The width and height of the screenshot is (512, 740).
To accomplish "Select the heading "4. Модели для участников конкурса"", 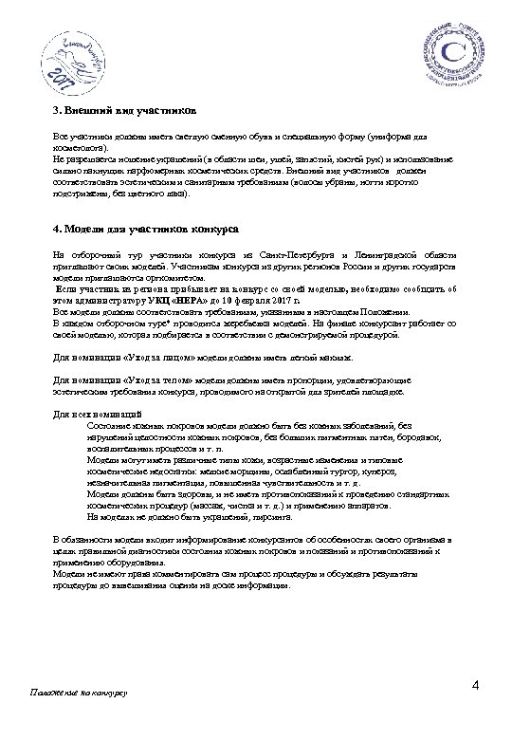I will tap(145, 230).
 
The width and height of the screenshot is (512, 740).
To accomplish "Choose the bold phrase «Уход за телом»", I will tap(150, 381).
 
